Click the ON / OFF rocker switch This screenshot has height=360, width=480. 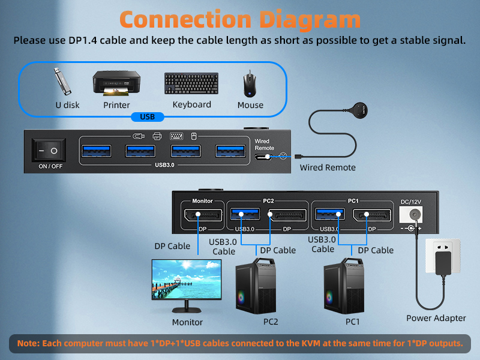pyautogui.click(x=50, y=151)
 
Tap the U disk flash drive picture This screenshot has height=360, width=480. pyautogui.click(x=63, y=82)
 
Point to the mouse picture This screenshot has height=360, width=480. pyautogui.click(x=250, y=84)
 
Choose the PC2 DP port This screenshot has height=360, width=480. pyautogui.click(x=287, y=215)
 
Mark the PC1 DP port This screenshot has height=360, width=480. pyautogui.click(x=371, y=215)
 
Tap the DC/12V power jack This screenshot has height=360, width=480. pyautogui.click(x=415, y=215)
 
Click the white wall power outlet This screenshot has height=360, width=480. pyautogui.click(x=442, y=256)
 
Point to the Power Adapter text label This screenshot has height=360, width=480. pyautogui.click(x=436, y=318)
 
